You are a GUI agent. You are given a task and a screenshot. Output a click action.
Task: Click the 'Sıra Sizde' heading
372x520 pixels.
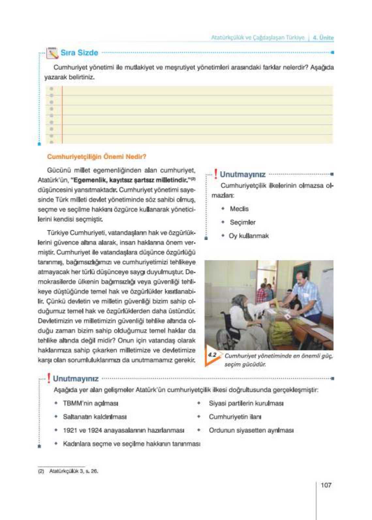[79, 53]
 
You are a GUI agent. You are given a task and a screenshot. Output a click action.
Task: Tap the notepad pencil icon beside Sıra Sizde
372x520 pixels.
[52, 53]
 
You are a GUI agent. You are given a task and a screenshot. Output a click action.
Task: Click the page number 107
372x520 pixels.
[326, 485]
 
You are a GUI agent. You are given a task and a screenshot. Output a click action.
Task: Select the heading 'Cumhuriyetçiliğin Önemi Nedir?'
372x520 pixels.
[97, 157]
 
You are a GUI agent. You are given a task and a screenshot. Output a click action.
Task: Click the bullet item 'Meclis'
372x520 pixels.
[239, 209]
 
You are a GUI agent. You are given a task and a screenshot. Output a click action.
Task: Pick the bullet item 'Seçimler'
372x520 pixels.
[242, 222]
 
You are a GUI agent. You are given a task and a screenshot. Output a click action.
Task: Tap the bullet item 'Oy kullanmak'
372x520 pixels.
[249, 236]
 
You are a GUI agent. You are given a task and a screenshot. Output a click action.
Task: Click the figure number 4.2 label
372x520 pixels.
[212, 355]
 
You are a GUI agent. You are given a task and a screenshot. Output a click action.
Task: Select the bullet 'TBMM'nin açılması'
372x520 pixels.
[90, 404]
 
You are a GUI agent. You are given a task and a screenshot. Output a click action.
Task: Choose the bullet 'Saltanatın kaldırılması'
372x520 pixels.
[95, 417]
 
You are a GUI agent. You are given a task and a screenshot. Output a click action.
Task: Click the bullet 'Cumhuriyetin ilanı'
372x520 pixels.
[235, 417]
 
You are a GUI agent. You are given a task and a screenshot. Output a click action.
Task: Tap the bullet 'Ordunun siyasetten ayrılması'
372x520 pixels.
[251, 431]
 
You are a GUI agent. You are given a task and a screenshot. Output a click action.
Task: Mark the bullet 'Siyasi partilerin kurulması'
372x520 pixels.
[246, 404]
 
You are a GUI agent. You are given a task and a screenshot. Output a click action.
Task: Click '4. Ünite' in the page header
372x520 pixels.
[323, 38]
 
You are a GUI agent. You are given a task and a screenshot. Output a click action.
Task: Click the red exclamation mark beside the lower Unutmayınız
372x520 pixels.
[49, 378]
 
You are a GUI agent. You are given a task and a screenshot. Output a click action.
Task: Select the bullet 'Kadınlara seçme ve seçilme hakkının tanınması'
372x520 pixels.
[132, 444]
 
